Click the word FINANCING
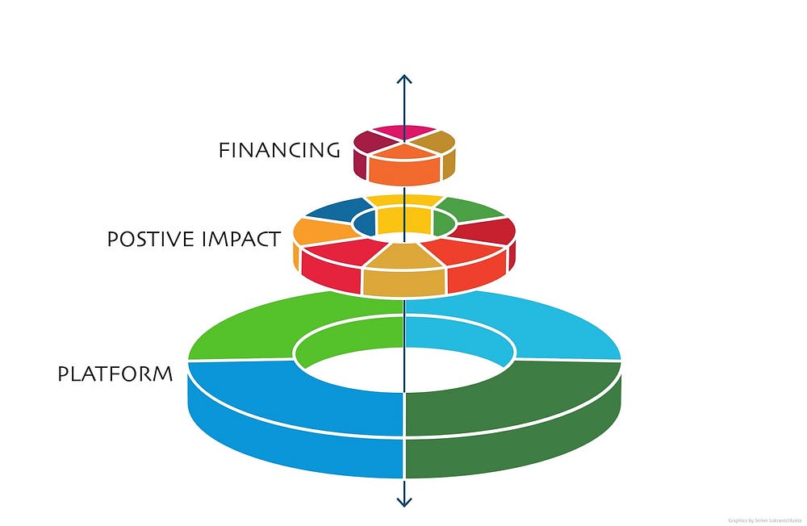pos(278,150)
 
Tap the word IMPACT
pos(243,240)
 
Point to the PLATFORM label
pos(115,374)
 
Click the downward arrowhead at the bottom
pos(404,501)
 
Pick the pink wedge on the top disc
pos(404,131)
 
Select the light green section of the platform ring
pos(266,331)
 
